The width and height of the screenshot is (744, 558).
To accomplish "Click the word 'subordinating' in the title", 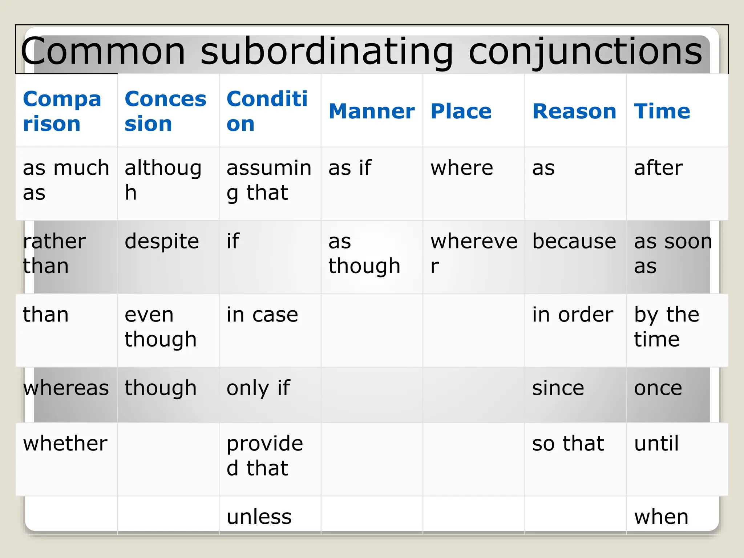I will [x=327, y=52].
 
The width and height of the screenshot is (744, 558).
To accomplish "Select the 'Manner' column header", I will [x=371, y=111].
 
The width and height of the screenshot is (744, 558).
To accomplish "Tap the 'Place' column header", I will [x=461, y=111].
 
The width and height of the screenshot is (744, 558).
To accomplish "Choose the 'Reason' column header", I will [x=574, y=111].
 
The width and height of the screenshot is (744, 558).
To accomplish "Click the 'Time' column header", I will [x=662, y=111].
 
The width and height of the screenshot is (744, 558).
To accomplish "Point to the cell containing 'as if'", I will [x=350, y=168].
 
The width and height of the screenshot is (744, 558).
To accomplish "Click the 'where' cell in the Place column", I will [x=462, y=168].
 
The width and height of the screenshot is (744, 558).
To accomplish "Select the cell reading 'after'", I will [x=658, y=168].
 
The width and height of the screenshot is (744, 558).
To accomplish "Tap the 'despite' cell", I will [x=162, y=242].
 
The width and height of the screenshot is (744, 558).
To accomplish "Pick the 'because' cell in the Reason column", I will [x=574, y=242].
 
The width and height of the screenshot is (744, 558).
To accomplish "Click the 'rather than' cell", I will [x=54, y=254].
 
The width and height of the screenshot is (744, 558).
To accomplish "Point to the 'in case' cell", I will [x=262, y=315].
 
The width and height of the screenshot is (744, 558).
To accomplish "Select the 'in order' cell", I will [x=573, y=315].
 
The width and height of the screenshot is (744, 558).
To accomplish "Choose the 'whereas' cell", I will [x=66, y=388].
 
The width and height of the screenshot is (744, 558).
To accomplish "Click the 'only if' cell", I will [x=258, y=388].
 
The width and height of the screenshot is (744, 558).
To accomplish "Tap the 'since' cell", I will [x=558, y=388].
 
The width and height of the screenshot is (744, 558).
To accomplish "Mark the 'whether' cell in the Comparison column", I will [x=65, y=444].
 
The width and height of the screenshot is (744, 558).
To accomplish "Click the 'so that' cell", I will [x=568, y=444].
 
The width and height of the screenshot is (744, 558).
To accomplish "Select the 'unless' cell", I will [x=259, y=517].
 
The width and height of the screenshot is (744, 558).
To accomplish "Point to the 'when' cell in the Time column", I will [x=661, y=517].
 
